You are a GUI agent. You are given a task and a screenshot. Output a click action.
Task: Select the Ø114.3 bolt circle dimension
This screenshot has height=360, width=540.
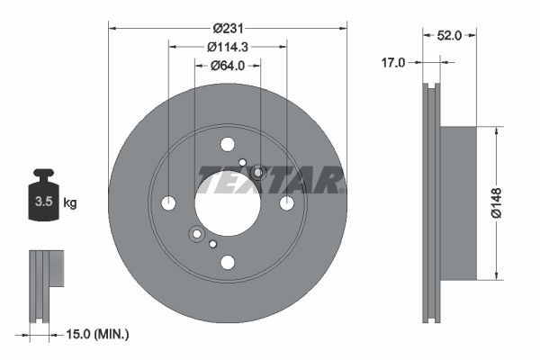[227, 46]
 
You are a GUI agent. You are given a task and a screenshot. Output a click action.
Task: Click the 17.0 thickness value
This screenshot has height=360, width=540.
[392, 63]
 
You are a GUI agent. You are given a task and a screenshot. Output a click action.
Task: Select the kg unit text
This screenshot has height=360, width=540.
[69, 203]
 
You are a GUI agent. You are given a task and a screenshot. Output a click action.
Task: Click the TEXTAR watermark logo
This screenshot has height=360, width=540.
[270, 183]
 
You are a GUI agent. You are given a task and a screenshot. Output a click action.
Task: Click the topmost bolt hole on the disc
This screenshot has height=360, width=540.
[227, 144]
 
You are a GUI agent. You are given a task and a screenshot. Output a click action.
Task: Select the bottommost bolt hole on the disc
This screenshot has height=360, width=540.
[227, 262]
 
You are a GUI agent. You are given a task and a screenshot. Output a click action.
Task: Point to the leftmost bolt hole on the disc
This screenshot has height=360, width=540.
[168, 202]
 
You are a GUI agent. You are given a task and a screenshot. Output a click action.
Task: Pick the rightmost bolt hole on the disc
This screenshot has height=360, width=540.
[286, 202]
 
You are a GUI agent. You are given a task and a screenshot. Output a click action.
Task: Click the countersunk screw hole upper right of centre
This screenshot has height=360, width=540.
[258, 172]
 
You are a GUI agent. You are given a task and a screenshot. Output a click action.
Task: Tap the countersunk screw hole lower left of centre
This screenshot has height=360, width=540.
[196, 235]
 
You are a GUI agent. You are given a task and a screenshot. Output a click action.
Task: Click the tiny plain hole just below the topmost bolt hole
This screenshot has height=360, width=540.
[242, 163]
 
